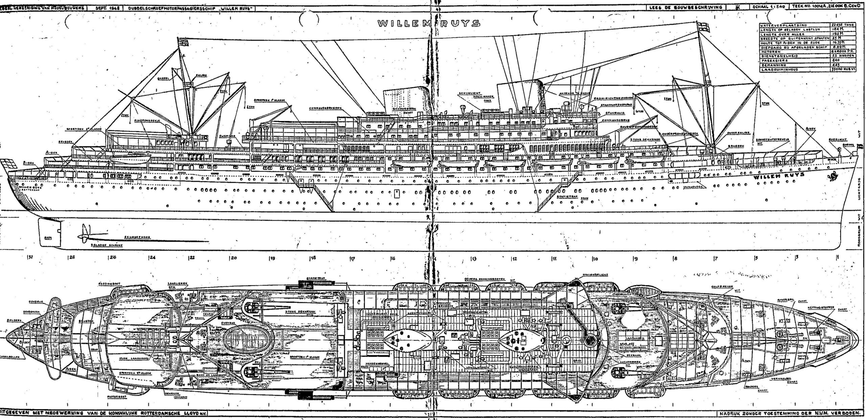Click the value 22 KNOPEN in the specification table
[843, 56]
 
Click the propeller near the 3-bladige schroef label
[84, 235]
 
